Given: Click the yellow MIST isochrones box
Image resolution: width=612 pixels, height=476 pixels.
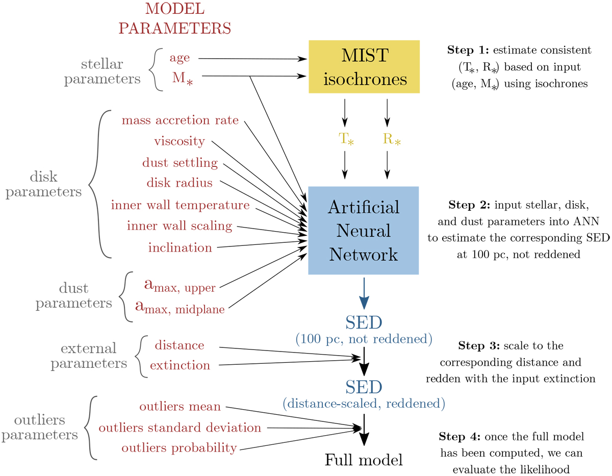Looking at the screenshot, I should (364, 66).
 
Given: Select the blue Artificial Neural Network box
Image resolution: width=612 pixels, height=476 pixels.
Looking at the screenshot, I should (363, 231).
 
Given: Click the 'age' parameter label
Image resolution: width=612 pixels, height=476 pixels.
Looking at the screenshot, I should (179, 58).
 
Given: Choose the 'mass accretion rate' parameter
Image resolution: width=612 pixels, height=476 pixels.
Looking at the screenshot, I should (180, 120).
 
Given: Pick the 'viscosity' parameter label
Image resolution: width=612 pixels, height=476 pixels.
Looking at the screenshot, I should (179, 141).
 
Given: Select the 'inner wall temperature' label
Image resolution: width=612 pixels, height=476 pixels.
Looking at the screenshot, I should (180, 205).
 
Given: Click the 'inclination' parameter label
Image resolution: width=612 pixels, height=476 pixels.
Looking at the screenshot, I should (180, 248).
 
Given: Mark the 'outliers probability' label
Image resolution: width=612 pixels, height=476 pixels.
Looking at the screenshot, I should (179, 448).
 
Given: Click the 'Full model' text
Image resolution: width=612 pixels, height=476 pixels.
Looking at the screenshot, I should (364, 460).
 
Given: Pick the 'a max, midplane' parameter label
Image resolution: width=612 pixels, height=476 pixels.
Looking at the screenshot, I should (180, 308).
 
